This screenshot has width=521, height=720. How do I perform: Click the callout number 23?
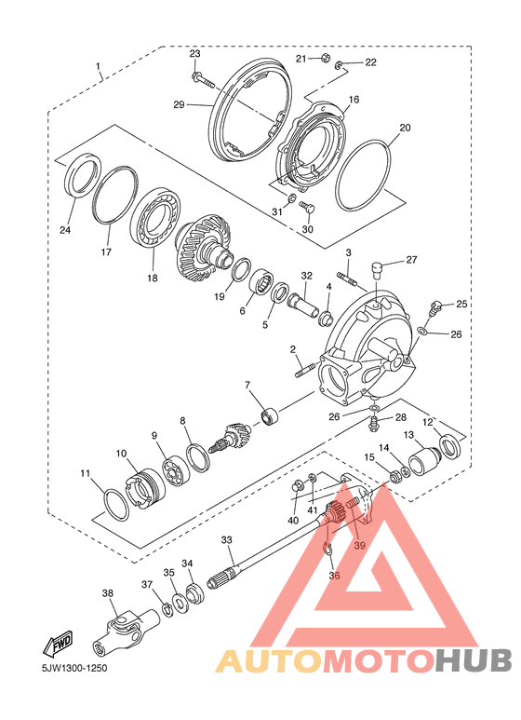pyautogui.click(x=195, y=54)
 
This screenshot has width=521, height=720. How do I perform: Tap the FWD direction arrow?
pyautogui.click(x=58, y=643)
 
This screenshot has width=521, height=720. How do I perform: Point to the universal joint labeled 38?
pyautogui.click(x=125, y=627)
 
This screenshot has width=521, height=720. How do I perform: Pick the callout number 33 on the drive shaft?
pyautogui.click(x=227, y=539)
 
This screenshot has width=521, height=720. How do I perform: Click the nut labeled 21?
pyautogui.click(x=326, y=59)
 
